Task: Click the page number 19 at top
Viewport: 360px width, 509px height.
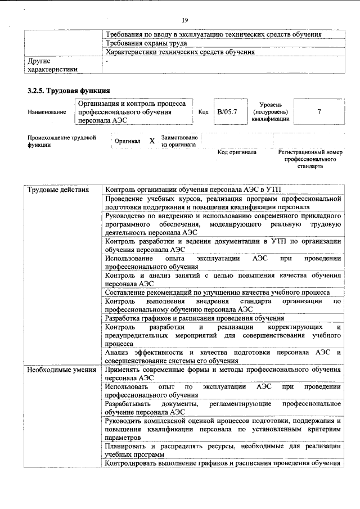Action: pos(184,7)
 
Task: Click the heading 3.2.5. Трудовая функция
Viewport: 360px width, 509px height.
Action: pos(68,91)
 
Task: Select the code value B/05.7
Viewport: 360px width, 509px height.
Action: pos(228,112)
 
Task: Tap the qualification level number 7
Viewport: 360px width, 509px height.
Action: pos(319,112)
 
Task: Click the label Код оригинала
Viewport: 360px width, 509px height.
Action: pos(237,152)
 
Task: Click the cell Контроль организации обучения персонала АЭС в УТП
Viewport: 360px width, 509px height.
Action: pos(196,190)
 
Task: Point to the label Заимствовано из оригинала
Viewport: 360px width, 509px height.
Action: pos(179,141)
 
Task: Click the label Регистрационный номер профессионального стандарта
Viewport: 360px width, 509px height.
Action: pos(310,159)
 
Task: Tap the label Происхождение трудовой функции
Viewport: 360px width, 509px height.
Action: pos(61,141)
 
